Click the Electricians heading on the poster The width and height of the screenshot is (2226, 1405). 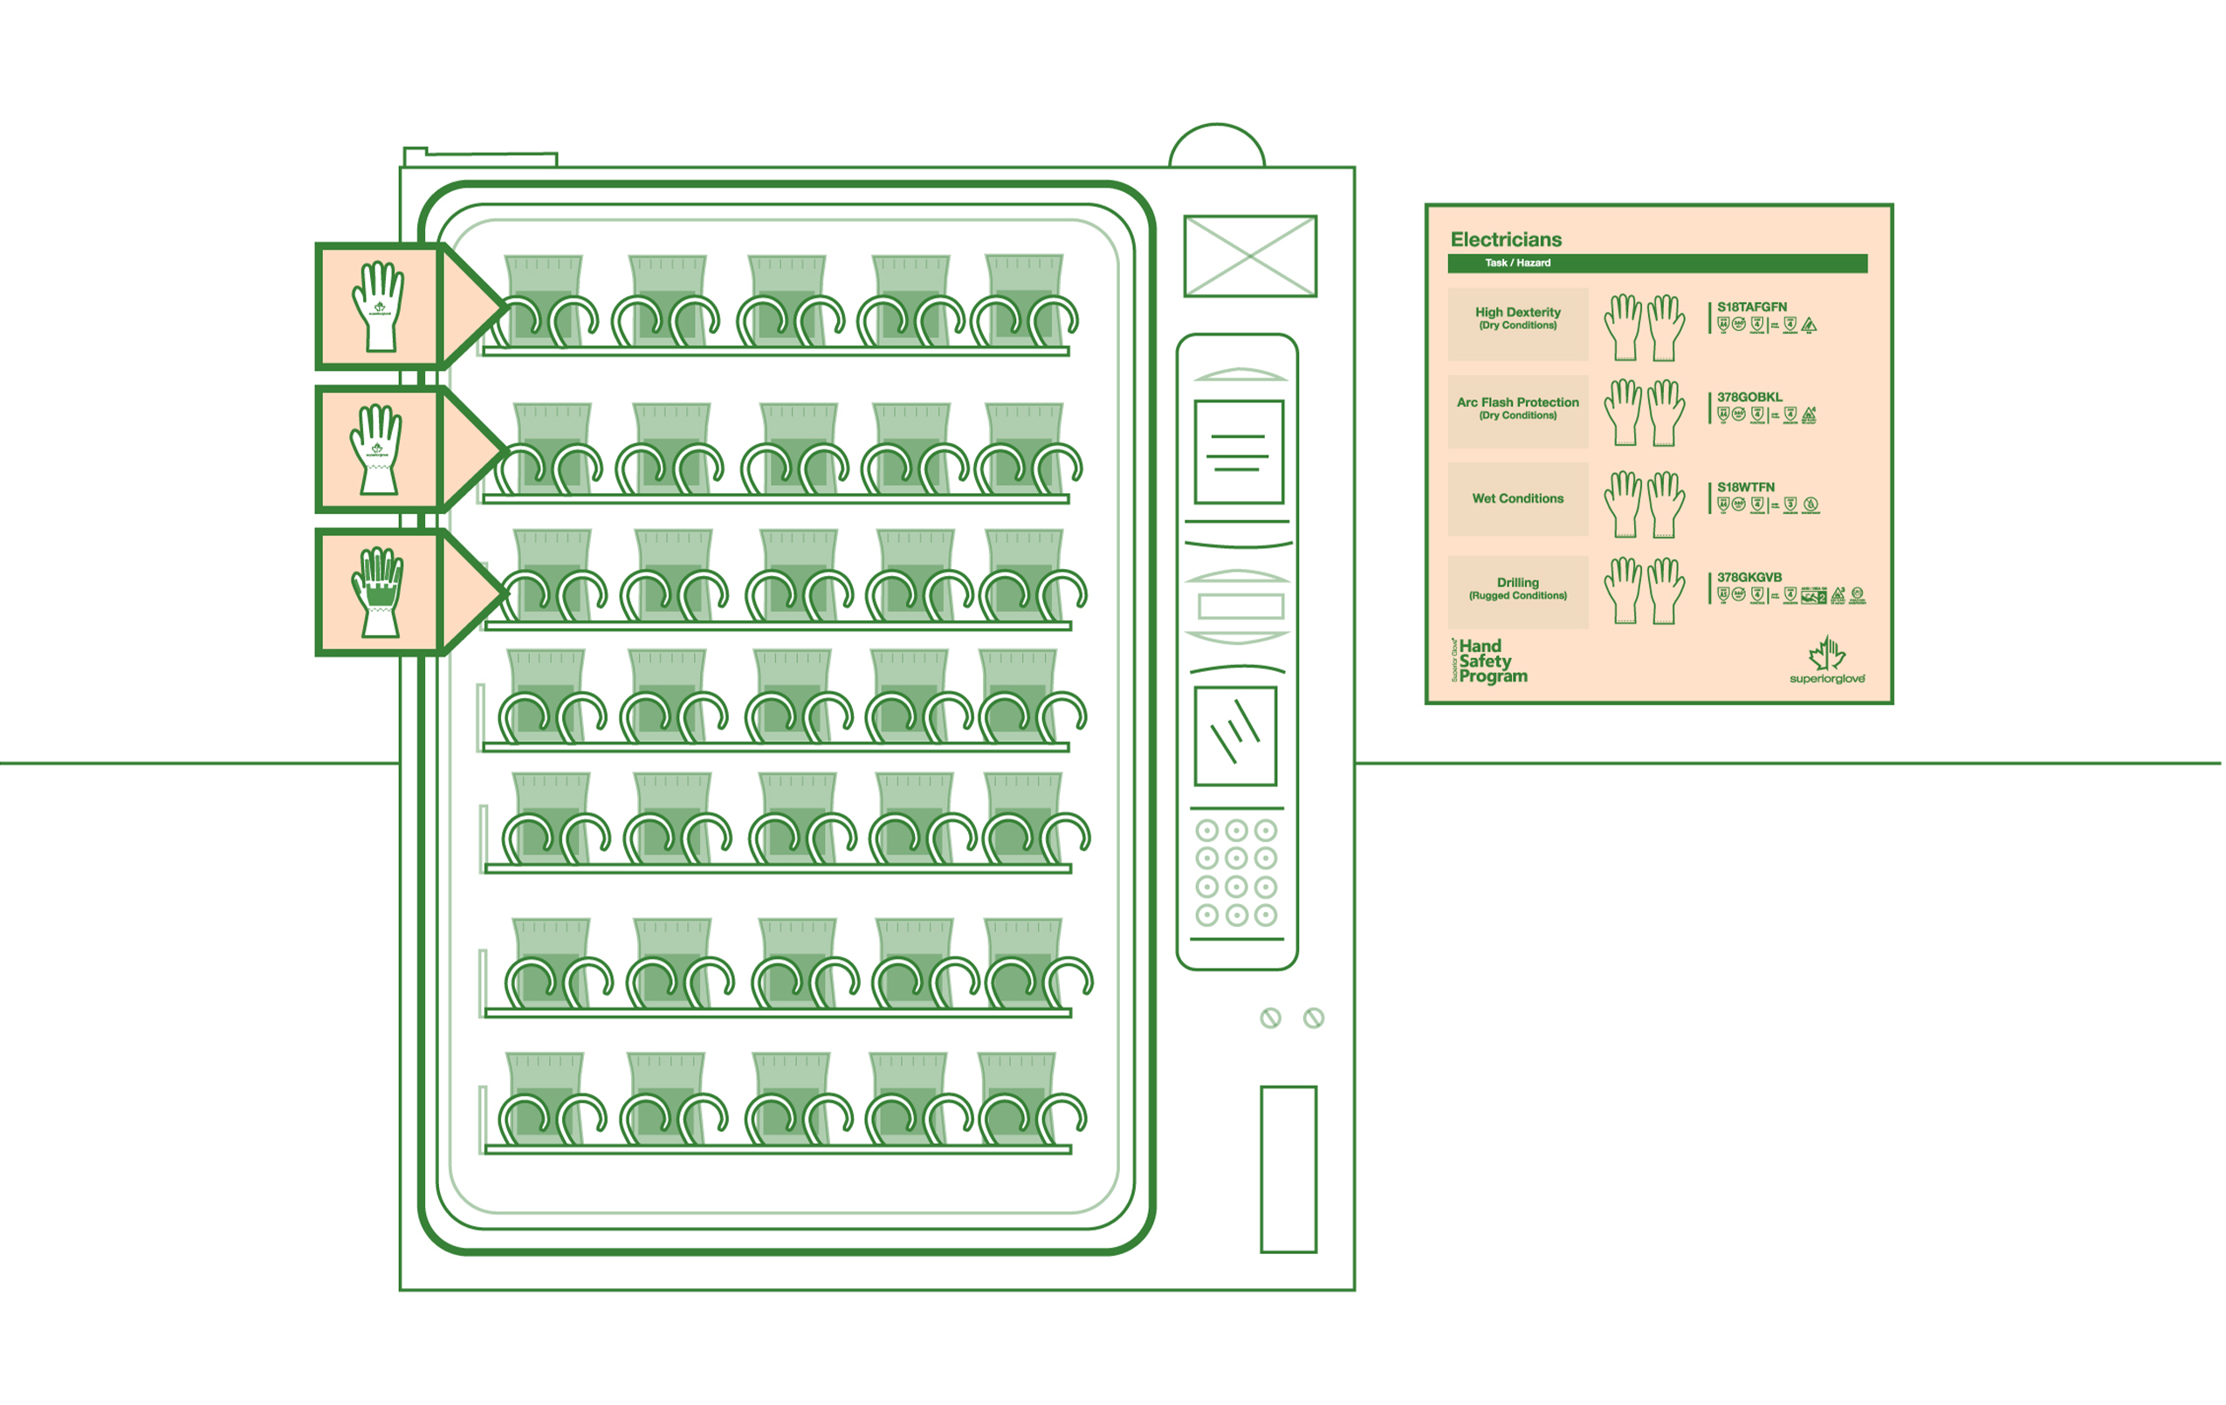coord(1506,239)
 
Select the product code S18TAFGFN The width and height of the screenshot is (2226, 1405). coord(1752,307)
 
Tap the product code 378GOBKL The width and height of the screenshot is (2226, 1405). coord(1750,396)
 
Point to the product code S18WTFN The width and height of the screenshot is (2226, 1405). coord(1745,487)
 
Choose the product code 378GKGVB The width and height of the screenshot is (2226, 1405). coord(1749,577)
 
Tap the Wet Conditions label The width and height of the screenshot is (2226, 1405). coord(1518,498)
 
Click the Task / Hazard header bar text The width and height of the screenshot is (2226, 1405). coord(1518,263)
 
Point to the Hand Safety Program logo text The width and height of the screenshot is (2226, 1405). coord(1491,661)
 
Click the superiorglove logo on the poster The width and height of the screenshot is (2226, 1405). coord(1827,661)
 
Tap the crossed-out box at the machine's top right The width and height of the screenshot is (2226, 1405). coord(1250,256)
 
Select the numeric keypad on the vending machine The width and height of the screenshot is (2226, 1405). coord(1236,873)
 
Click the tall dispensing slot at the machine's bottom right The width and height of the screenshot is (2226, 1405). coord(1288,1169)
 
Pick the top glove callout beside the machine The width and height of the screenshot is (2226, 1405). coord(378,306)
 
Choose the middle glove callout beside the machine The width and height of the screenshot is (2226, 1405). coord(378,449)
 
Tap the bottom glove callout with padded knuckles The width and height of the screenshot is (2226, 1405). coord(378,592)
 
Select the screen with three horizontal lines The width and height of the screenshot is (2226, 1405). coord(1239,452)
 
